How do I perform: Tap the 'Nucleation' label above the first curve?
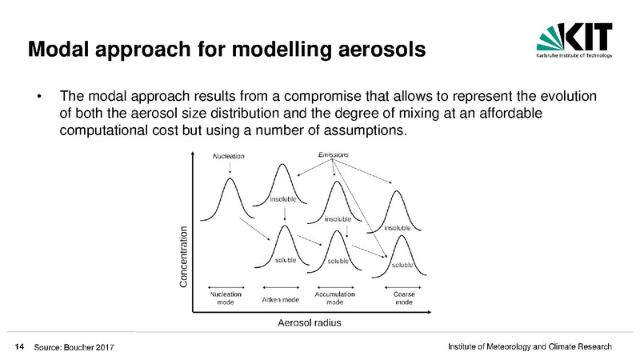click(x=229, y=156)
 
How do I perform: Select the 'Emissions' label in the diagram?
click(x=334, y=154)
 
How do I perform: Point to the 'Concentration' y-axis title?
click(x=184, y=257)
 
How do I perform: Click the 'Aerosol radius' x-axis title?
click(x=310, y=323)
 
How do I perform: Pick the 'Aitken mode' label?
click(x=281, y=299)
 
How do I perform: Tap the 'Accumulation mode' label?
click(x=334, y=298)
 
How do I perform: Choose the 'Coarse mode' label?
click(x=404, y=298)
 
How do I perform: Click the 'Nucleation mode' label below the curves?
click(x=226, y=298)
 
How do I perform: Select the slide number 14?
click(x=19, y=347)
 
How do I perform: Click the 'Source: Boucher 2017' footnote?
click(x=74, y=347)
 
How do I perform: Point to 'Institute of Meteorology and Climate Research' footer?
click(x=530, y=346)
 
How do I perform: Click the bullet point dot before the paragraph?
click(x=38, y=97)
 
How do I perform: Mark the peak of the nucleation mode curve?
click(x=230, y=178)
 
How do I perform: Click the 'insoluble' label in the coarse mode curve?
click(x=397, y=228)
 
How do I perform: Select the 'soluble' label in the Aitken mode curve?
click(x=286, y=260)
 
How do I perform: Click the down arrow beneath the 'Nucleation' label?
click(x=230, y=167)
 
